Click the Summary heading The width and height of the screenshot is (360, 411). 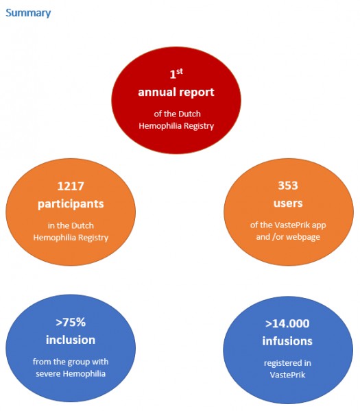point(28,12)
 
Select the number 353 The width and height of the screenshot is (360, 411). point(288,186)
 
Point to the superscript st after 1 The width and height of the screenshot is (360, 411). point(180,70)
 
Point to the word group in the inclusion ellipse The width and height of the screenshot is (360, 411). point(77,361)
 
